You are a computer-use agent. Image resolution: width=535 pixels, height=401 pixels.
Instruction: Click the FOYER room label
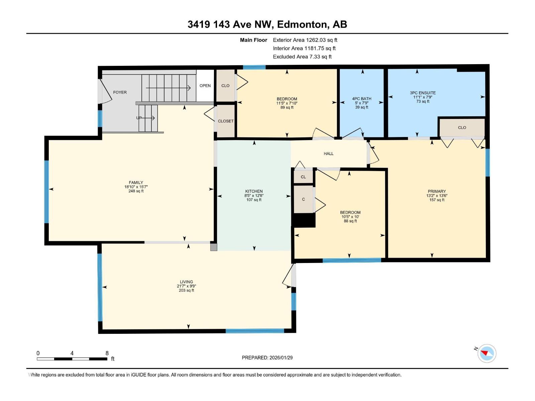[x=120, y=92]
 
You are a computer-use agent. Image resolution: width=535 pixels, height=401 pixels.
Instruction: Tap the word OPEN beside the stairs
[x=205, y=86]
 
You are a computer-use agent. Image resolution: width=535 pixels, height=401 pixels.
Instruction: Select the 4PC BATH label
[x=361, y=99]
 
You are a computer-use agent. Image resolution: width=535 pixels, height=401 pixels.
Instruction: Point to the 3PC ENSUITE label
[x=423, y=93]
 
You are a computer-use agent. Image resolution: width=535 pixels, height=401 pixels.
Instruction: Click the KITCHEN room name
[x=254, y=191]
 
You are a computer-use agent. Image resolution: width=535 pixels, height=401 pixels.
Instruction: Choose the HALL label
[x=328, y=154]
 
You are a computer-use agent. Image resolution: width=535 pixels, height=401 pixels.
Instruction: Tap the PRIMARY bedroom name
[x=437, y=191]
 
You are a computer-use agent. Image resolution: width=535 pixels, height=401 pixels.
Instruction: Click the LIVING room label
[x=186, y=282]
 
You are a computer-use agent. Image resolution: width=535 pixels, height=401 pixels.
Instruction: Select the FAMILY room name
[x=136, y=182]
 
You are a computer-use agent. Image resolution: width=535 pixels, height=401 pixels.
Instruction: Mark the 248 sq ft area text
[x=136, y=191]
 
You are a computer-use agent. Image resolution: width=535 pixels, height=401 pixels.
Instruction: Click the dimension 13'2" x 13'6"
[x=437, y=195]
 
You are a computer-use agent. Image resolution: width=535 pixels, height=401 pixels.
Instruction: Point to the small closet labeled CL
[x=303, y=177]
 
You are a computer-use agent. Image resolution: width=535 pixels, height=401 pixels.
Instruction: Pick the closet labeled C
[x=303, y=199]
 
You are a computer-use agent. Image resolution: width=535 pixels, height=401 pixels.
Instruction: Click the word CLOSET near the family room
[x=225, y=121]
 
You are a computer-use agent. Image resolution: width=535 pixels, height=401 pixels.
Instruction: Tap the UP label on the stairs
[x=139, y=118]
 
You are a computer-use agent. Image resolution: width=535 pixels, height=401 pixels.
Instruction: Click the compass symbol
[x=487, y=353]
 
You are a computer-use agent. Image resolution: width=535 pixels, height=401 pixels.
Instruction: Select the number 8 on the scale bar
[x=107, y=353]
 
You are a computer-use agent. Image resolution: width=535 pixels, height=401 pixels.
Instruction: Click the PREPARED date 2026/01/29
[x=281, y=358]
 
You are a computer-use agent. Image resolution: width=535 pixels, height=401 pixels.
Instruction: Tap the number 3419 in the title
[x=199, y=24]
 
